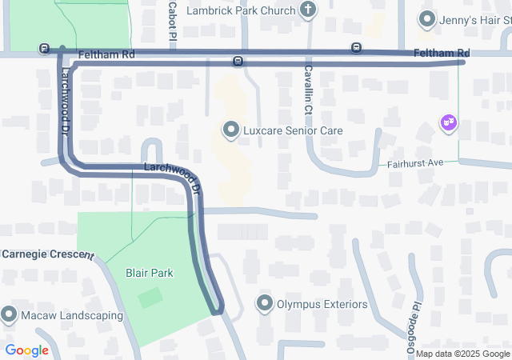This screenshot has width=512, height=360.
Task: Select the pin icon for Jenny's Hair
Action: (x=428, y=18)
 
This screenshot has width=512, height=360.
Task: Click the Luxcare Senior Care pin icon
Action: (x=231, y=130)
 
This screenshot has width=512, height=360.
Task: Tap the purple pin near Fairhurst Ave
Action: (x=449, y=122)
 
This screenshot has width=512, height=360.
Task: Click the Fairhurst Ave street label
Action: (x=415, y=162)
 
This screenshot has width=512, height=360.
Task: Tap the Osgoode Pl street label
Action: (x=414, y=329)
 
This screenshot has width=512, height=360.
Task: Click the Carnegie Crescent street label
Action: (x=47, y=254)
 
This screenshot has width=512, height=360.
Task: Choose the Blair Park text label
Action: (x=150, y=273)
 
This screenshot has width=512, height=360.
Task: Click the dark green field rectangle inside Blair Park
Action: (x=150, y=298)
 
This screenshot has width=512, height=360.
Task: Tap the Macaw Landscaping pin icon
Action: (x=9, y=314)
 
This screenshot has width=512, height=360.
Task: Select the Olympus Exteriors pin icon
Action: (x=265, y=304)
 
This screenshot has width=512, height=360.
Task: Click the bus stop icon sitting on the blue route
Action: (x=238, y=62)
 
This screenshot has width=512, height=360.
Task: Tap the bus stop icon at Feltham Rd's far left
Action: (x=43, y=50)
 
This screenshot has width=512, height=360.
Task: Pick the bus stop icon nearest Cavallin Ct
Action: (x=356, y=48)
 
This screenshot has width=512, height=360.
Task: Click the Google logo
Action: (x=26, y=350)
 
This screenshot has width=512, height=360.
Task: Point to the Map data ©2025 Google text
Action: (x=462, y=354)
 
